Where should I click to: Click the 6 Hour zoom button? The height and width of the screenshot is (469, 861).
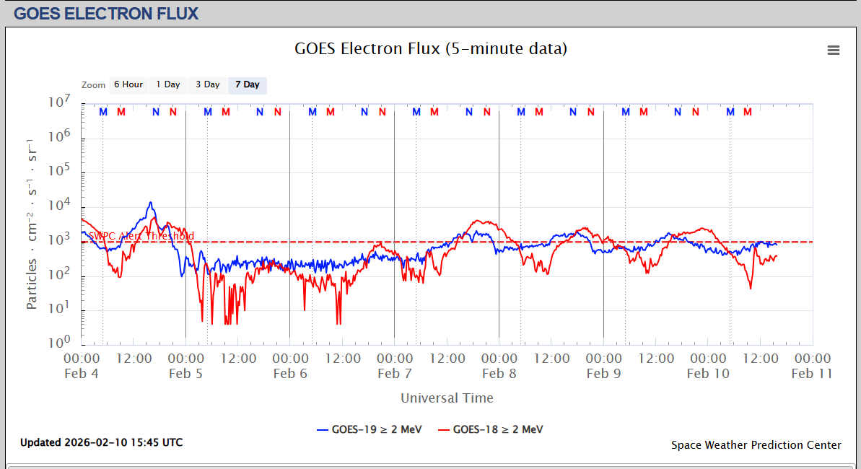128,84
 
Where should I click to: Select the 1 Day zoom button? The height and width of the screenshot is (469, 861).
168,84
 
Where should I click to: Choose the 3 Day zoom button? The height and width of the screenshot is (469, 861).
208,84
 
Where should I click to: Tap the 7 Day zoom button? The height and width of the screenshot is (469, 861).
248,84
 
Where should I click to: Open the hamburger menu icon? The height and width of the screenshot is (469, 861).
834,50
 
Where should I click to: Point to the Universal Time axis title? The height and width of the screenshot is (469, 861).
447,398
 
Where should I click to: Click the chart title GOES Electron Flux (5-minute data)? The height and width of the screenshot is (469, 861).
431,48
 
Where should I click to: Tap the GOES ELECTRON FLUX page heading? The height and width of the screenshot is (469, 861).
106,13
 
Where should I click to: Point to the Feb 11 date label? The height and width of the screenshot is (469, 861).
812,373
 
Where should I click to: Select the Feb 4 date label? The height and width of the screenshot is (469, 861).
81,373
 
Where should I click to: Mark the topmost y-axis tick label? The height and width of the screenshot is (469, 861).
60,102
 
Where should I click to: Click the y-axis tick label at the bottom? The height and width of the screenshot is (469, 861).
60,342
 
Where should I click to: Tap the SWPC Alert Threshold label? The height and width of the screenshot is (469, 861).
141,236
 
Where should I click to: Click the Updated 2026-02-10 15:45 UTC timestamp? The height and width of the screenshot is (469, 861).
101,442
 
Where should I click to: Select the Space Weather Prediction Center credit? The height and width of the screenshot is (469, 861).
756,444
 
